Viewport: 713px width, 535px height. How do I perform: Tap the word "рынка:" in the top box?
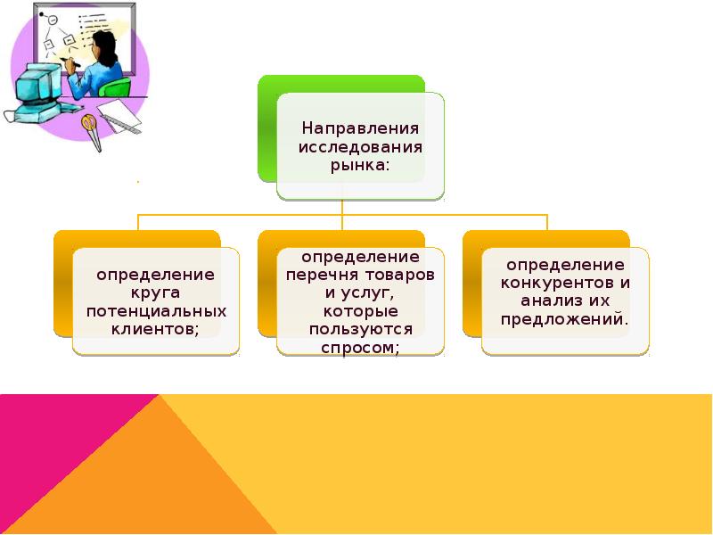tap(360, 166)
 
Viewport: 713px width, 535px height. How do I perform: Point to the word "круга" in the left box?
tap(156, 292)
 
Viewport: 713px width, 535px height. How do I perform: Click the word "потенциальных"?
tap(156, 311)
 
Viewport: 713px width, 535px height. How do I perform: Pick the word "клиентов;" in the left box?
tap(156, 329)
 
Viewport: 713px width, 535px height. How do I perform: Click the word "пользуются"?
tap(360, 329)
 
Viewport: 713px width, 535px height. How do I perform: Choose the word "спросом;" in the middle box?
tap(360, 348)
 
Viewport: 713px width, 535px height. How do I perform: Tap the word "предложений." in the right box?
tap(565, 319)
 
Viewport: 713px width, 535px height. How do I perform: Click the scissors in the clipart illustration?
tap(88, 126)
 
